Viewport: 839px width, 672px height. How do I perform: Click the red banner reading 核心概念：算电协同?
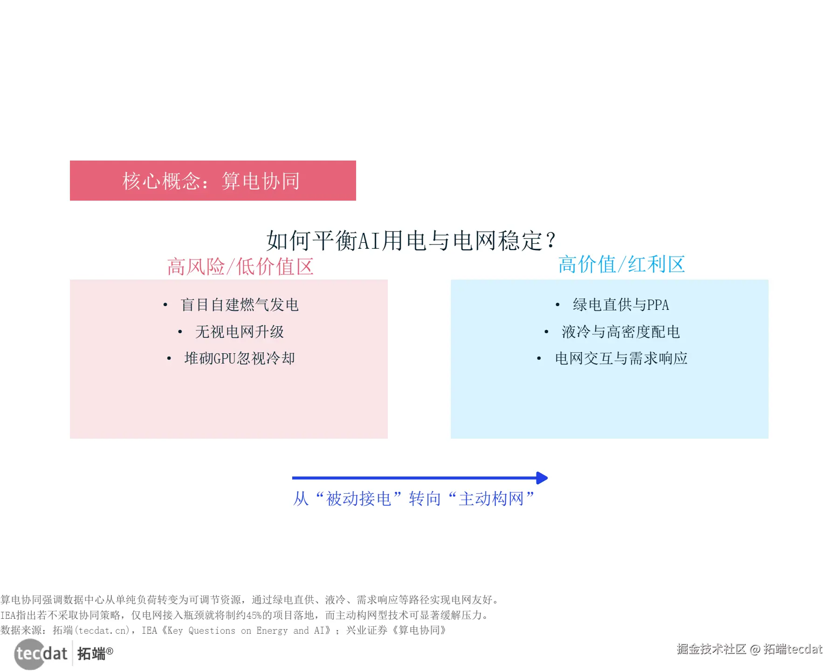[x=213, y=181]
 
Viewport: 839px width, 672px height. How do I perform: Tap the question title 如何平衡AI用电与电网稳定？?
[x=411, y=241]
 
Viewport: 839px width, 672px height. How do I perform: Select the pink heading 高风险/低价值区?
[x=240, y=267]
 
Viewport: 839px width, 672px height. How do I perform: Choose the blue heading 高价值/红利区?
[x=621, y=265]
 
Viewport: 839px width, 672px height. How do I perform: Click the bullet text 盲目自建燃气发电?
[x=239, y=305]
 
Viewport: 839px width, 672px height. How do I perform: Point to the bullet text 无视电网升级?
[x=239, y=332]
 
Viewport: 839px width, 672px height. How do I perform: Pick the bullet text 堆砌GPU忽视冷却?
[x=239, y=358]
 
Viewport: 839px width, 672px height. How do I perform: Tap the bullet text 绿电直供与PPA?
[x=620, y=305]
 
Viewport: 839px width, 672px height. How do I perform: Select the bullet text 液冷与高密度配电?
[x=620, y=332]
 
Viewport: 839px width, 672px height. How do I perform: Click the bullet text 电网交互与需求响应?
[x=621, y=358]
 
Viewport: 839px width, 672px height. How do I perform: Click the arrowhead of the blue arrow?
[x=542, y=478]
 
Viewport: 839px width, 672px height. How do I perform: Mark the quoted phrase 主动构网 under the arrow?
[x=491, y=499]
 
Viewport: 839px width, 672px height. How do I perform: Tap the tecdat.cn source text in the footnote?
[x=103, y=630]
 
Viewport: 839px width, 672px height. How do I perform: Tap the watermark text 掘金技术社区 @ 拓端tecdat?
[x=750, y=649]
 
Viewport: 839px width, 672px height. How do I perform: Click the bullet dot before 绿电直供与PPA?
[x=557, y=305]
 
